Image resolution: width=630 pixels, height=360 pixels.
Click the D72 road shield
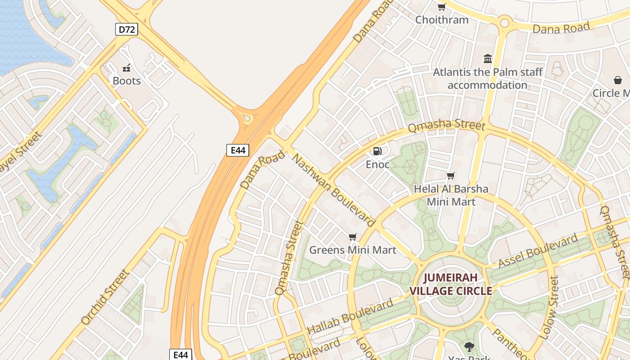(126, 30)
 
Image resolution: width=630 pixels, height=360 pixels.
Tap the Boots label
(126, 81)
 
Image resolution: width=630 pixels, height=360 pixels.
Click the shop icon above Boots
(126, 68)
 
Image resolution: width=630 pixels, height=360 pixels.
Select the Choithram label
(441, 20)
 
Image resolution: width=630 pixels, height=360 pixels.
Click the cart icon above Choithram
(441, 7)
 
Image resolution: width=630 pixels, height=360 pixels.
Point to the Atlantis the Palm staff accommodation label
(487, 78)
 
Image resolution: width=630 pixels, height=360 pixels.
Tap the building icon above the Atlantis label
(487, 58)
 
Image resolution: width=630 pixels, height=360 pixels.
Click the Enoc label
(378, 164)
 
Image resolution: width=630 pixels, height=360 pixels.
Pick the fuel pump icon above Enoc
(378, 151)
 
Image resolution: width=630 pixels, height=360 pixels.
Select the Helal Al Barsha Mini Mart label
(451, 195)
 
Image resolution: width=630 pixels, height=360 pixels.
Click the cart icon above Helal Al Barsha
(451, 175)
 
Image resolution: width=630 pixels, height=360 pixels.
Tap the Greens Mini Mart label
(352, 250)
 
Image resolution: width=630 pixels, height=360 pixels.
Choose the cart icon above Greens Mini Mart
(352, 237)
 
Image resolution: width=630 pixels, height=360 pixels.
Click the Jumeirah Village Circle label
(451, 284)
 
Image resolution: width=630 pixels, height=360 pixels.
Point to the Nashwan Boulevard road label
(334, 190)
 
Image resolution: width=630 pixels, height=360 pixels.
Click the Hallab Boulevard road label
(350, 317)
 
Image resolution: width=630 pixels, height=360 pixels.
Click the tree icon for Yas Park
(469, 346)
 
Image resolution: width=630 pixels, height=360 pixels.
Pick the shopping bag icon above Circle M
(618, 80)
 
